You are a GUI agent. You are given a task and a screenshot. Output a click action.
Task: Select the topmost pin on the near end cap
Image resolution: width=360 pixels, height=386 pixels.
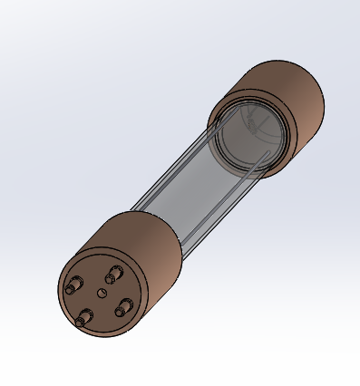tap(112, 274)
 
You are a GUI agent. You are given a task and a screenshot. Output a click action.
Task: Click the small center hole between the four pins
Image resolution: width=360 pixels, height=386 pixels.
tap(100, 293)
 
